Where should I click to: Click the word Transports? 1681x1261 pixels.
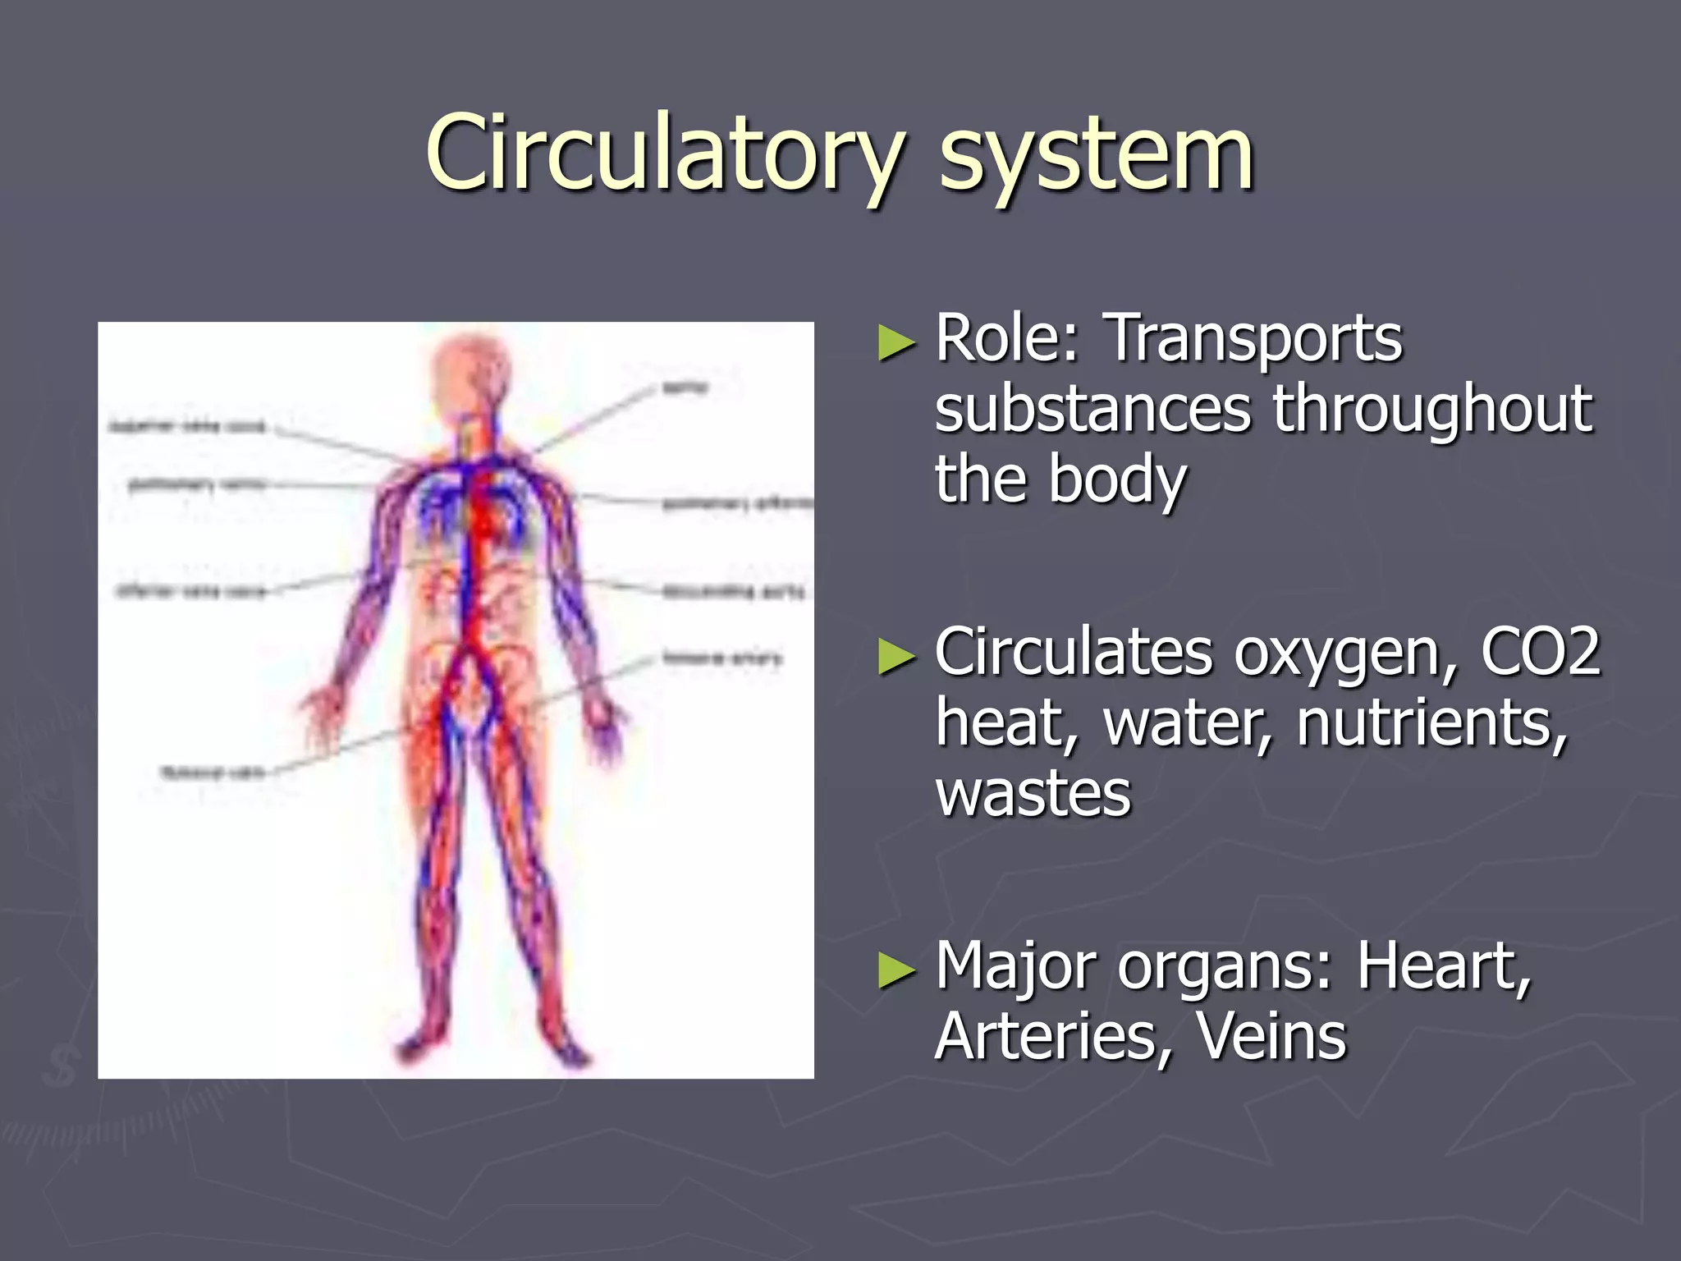pos(1255,338)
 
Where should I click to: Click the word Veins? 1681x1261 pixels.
pos(1271,1036)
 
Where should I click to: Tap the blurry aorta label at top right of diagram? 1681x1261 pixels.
pos(685,387)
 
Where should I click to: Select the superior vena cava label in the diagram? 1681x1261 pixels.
pos(188,427)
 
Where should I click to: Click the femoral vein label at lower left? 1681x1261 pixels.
pos(212,773)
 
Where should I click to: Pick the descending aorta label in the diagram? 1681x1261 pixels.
pos(733,591)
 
